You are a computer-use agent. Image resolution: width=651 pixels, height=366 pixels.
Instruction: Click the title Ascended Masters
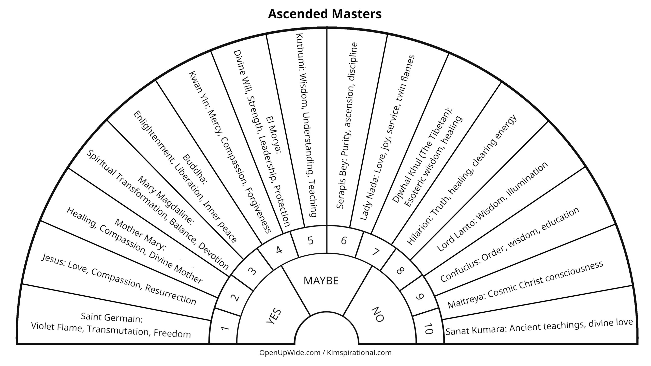click(325, 14)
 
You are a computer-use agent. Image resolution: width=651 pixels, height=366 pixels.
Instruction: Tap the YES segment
click(274, 316)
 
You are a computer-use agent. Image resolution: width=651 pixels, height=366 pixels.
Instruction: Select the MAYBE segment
click(321, 281)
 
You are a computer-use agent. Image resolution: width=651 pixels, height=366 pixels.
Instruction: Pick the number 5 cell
click(310, 240)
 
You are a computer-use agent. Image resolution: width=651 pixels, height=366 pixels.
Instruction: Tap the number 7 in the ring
click(375, 252)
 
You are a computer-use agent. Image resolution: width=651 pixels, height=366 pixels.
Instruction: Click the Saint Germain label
click(112, 318)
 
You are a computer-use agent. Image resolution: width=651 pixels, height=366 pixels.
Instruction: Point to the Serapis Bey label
click(347, 126)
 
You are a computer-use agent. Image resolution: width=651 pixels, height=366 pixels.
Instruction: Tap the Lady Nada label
click(388, 137)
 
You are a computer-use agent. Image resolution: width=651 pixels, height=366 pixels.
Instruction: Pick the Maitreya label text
click(525, 287)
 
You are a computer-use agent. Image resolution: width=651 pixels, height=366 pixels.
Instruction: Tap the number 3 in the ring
click(252, 271)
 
